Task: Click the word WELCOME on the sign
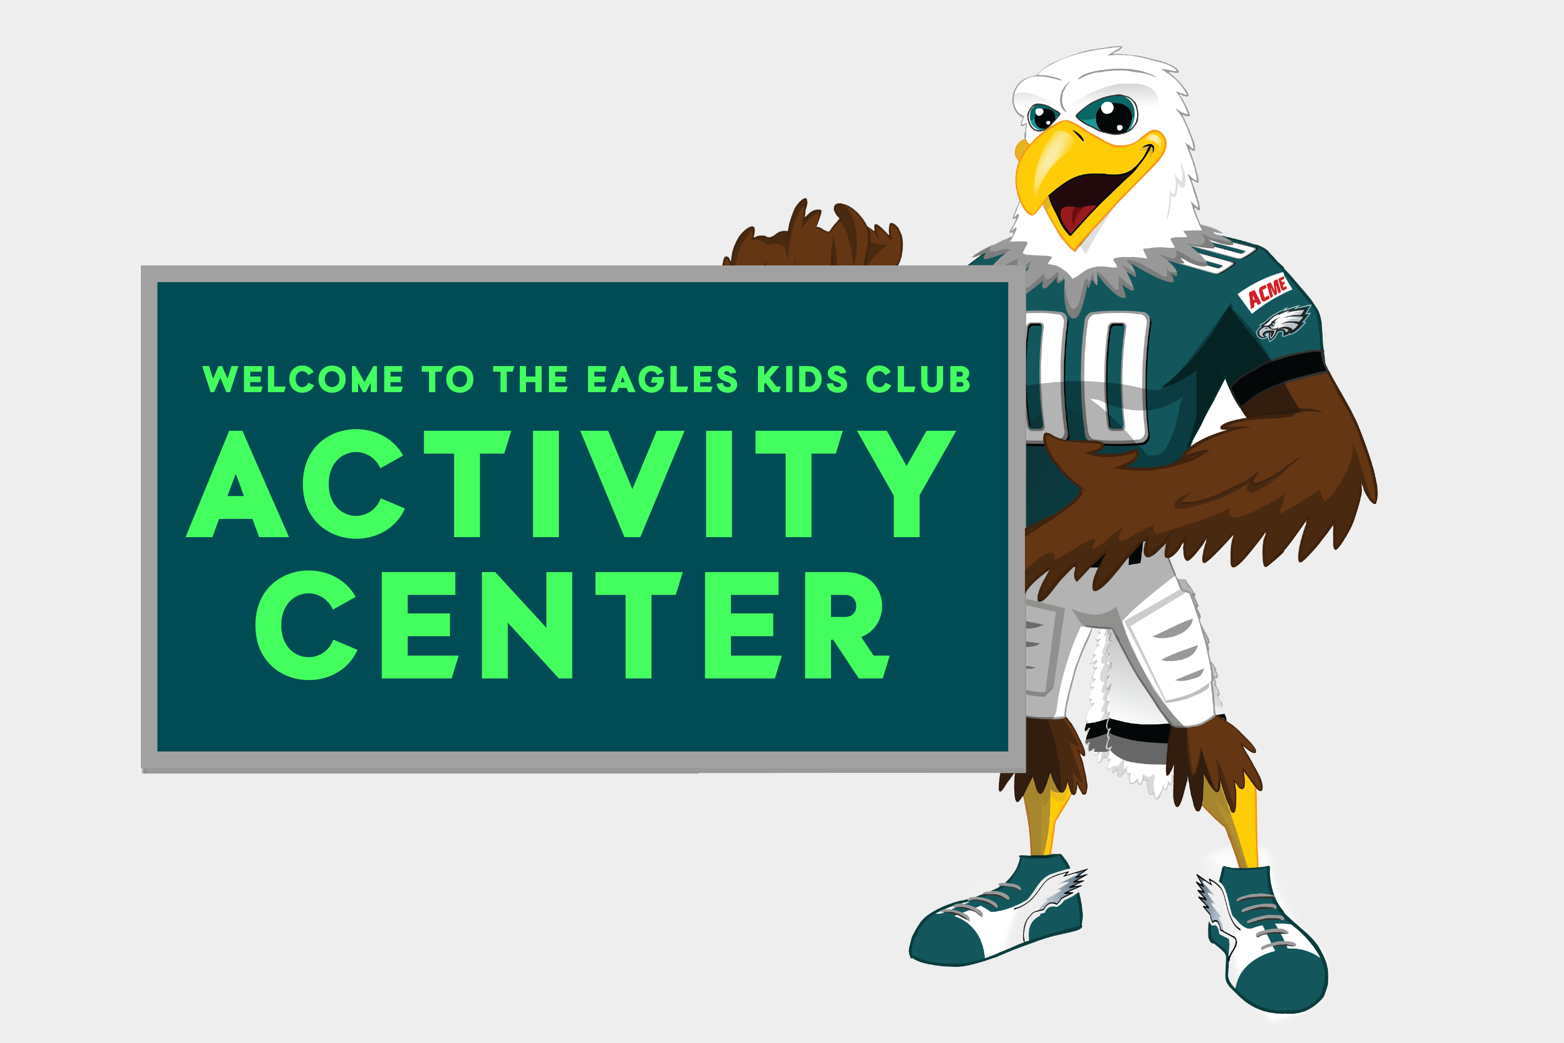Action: click(303, 379)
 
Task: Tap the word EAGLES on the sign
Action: click(662, 379)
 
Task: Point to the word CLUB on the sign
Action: click(918, 379)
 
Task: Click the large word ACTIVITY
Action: click(570, 483)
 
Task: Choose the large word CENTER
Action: click(572, 625)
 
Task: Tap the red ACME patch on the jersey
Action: click(1265, 292)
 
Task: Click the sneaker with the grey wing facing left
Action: click(997, 911)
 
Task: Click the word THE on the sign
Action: click(531, 379)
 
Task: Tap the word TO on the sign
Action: click(447, 379)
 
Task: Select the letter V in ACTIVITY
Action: click(632, 483)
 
